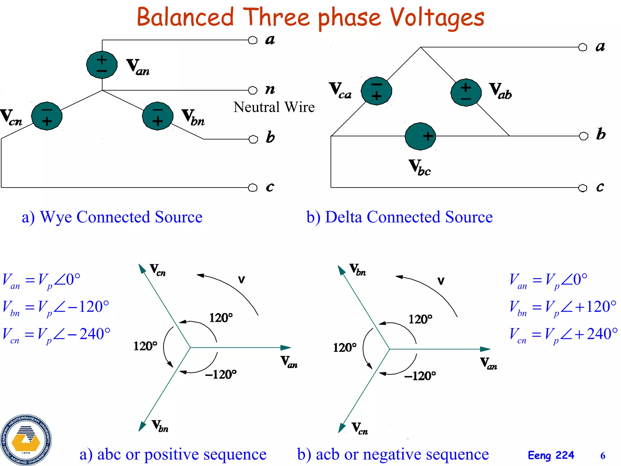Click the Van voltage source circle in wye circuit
[102, 65]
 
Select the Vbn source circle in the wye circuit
[158, 116]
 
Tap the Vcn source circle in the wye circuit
[47, 116]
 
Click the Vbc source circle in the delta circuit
[420, 136]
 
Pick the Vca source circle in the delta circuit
[376, 91]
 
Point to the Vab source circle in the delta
[466, 93]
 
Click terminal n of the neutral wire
[253, 90]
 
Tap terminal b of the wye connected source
[253, 139]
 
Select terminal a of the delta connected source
[582, 47]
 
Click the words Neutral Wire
[274, 107]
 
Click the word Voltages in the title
[437, 18]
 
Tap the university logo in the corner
[26, 440]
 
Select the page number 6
[603, 455]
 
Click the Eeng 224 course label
[551, 455]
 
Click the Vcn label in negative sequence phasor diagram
[360, 428]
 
